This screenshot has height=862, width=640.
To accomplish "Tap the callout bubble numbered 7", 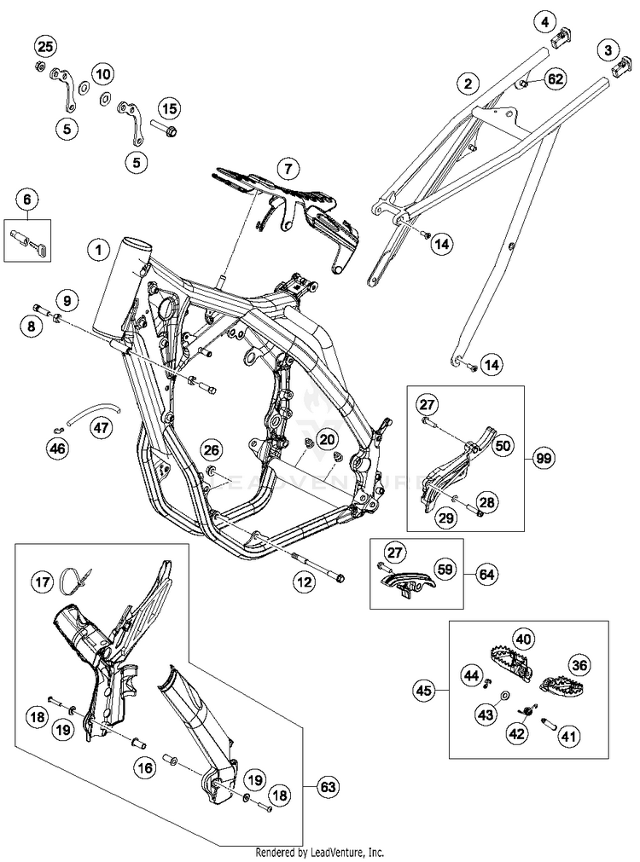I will (x=288, y=167).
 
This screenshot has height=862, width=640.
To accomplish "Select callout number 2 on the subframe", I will (x=468, y=84).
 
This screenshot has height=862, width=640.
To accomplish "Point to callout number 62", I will (x=555, y=79).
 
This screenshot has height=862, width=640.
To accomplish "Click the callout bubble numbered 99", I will (x=543, y=458).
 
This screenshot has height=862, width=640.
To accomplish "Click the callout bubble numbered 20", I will (x=327, y=438).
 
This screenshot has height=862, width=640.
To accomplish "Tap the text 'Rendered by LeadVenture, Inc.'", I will (x=320, y=852).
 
